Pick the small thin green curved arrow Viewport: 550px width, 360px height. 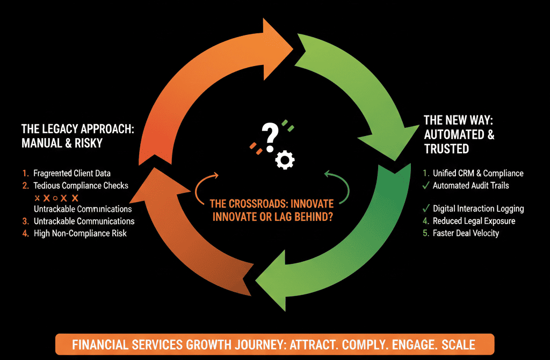338,186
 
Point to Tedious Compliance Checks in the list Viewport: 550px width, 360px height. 81,185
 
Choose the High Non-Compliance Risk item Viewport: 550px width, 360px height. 80,233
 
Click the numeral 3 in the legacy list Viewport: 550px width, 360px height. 25,221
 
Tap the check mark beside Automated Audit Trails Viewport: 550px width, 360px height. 425,185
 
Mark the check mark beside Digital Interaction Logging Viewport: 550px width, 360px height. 425,208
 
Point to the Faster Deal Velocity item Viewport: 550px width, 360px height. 466,233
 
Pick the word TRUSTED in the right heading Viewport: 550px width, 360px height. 446,149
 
